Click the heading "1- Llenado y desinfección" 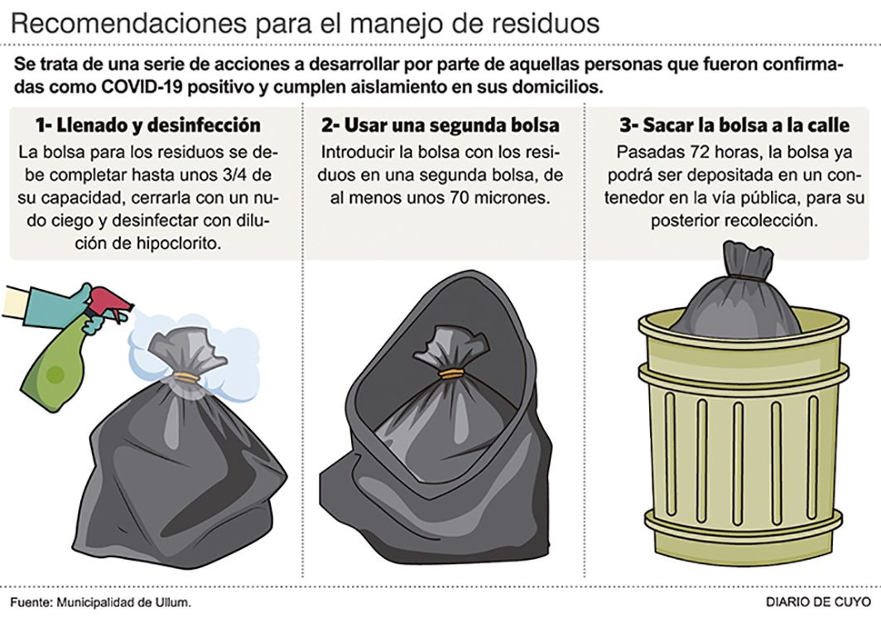point(147,125)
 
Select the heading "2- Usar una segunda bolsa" point(440,125)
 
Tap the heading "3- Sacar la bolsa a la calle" point(734,125)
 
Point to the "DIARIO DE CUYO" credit point(818,602)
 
